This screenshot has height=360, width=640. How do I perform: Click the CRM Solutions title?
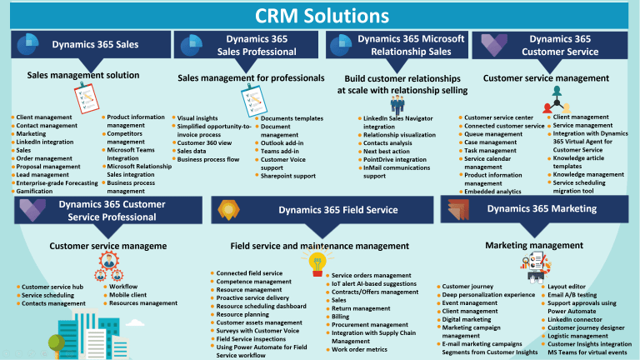coord(320,15)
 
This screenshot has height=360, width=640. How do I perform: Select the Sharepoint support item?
coord(288,176)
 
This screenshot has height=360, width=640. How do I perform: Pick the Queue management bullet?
coord(493,134)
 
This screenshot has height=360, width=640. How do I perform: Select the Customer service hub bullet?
coord(52,287)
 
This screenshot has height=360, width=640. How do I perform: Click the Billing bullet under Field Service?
coord(340,317)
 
